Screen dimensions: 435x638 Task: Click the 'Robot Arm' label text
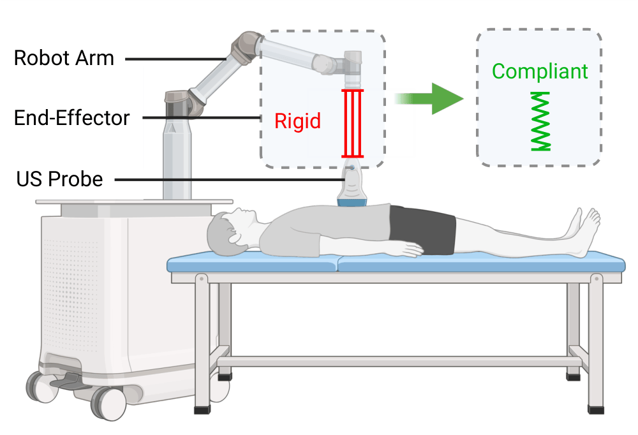point(64,58)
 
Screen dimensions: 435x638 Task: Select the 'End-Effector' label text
point(71,118)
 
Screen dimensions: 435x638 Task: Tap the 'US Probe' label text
point(59,179)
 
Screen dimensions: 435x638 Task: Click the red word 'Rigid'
point(297,121)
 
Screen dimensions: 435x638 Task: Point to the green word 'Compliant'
point(540,71)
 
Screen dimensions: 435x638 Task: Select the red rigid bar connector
point(353,123)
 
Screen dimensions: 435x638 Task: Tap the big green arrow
point(440,98)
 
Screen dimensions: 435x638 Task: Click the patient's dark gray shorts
point(422,230)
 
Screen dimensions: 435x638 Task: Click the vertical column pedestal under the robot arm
point(176,159)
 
